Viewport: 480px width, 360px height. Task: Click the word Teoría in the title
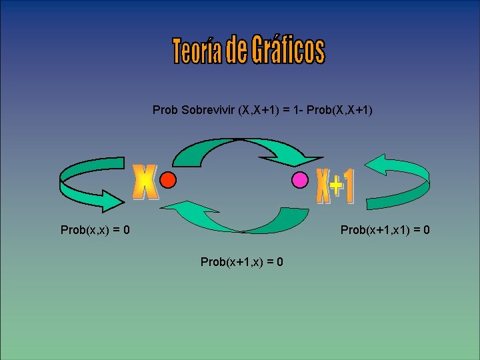coord(197,51)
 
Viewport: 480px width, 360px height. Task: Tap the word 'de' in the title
coord(236,51)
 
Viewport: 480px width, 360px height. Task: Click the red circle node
coord(168,179)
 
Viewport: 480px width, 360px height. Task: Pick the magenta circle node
coord(301,179)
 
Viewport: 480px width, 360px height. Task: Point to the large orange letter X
coord(146,182)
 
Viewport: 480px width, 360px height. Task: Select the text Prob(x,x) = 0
coord(95,230)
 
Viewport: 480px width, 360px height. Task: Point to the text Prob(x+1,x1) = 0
coord(385,230)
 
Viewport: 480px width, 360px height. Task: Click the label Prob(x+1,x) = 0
coord(242,262)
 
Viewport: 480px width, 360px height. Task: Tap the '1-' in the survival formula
coord(297,109)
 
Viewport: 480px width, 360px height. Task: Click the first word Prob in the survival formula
coord(165,109)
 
